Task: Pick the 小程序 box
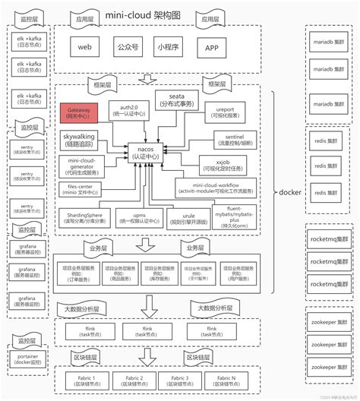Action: [169, 47]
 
